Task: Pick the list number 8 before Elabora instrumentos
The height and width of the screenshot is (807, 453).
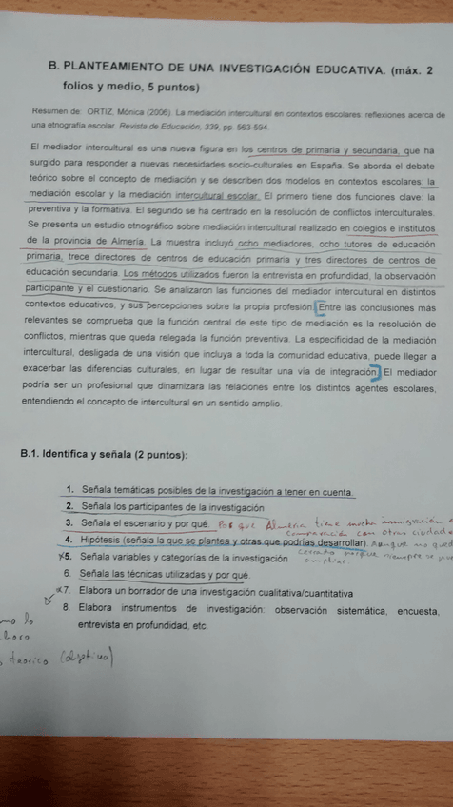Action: click(68, 606)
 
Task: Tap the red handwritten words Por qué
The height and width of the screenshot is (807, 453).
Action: click(226, 523)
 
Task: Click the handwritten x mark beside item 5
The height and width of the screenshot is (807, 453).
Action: click(61, 556)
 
